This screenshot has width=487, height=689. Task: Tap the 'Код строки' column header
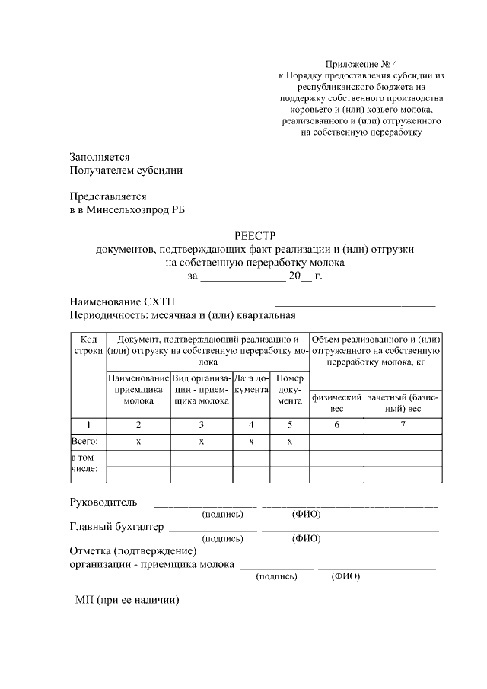(88, 344)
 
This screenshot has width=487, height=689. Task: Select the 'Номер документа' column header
(289, 389)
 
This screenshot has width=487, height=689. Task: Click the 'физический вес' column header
(336, 404)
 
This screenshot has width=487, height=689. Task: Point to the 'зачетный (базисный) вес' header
(403, 404)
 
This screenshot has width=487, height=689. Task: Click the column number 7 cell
(403, 424)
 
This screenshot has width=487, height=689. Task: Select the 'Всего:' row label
(85, 442)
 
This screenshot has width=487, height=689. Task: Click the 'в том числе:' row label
(84, 464)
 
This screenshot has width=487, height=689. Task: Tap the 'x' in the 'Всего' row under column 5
(289, 442)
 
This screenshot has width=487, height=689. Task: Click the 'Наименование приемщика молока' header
(138, 389)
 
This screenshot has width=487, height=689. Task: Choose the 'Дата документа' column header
(251, 384)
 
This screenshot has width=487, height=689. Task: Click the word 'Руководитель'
(103, 502)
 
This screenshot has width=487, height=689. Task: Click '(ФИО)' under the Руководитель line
(307, 515)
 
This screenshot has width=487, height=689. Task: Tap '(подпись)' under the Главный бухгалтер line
(222, 538)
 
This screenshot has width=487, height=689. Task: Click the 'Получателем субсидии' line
(126, 171)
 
